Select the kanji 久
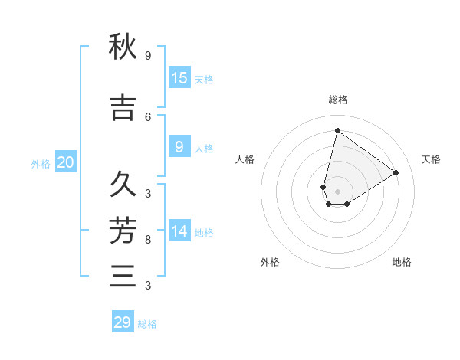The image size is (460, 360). pos(123,185)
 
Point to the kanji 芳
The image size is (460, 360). pos(123,230)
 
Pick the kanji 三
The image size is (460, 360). pos(123,276)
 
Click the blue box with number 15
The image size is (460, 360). pos(179,78)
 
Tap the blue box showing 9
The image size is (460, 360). pos(179,147)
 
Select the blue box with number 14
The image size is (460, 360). pos(179,231)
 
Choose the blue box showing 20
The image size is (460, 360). pos(65,162)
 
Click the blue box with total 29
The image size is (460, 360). pos(123,322)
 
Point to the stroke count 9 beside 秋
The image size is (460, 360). pos(148,56)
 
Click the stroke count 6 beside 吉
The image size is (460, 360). pos(148,116)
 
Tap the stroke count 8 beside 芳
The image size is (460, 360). pos(148,240)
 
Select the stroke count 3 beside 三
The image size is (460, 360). pos(148,286)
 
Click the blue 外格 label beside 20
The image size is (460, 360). pos(40,164)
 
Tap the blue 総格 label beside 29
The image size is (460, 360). pos(147,324)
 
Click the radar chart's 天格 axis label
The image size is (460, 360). pos(431,159)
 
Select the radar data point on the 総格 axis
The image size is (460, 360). pos(337,130)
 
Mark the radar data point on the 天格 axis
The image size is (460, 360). pos(396,172)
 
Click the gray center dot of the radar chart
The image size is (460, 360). pos(337,191)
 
